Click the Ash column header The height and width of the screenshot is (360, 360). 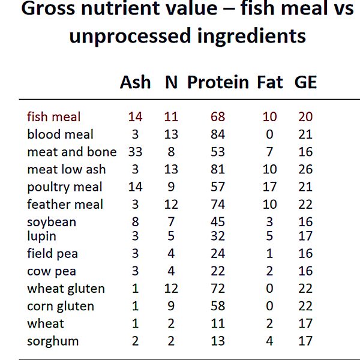click(x=136, y=82)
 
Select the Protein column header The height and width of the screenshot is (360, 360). click(x=218, y=82)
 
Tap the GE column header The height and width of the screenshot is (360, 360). click(x=305, y=82)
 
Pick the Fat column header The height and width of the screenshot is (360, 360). click(x=270, y=82)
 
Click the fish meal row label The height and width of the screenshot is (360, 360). click(x=54, y=117)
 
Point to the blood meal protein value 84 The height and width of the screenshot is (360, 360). click(x=218, y=134)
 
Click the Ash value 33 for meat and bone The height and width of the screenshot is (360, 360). click(x=135, y=152)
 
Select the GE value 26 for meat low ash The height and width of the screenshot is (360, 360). click(x=305, y=169)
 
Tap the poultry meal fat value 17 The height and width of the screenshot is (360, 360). click(x=270, y=187)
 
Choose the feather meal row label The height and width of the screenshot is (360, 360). click(x=65, y=205)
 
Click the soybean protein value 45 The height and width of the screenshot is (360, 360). click(x=218, y=222)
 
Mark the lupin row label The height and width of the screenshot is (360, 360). click(x=43, y=236)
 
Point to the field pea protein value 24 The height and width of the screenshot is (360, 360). click(x=218, y=254)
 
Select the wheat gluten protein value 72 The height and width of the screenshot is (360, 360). click(x=218, y=289)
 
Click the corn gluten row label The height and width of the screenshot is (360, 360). click(x=61, y=307)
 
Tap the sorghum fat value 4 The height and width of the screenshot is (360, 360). click(x=270, y=341)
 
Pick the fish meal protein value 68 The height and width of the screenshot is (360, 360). click(x=218, y=117)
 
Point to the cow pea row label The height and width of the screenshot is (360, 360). click(x=52, y=271)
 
